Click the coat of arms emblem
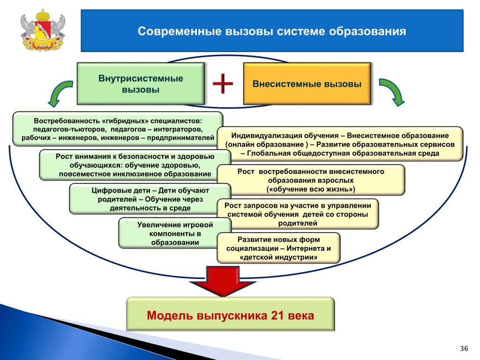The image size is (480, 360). pos(43,30)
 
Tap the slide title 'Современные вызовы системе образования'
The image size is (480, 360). pos(272,31)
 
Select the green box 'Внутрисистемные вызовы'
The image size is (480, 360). pos(141,83)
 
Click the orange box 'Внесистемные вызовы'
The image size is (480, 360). pos(307,83)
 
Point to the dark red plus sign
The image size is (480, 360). pos(223,83)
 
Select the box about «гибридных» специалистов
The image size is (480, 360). pos(118,129)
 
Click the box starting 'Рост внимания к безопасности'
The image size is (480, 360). pos(135,165)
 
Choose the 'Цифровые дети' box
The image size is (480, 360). pos(150,199)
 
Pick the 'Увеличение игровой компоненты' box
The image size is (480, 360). pos(175,233)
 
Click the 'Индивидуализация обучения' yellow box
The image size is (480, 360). pos(340,144)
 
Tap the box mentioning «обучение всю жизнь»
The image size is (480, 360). pos(311,180)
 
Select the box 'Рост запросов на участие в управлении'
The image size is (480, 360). pos(298,214)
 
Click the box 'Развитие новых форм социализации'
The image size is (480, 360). pos(278,248)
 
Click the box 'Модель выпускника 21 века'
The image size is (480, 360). pos(231,315)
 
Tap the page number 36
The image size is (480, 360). pos(464,348)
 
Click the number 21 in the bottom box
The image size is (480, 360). pos(277,315)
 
